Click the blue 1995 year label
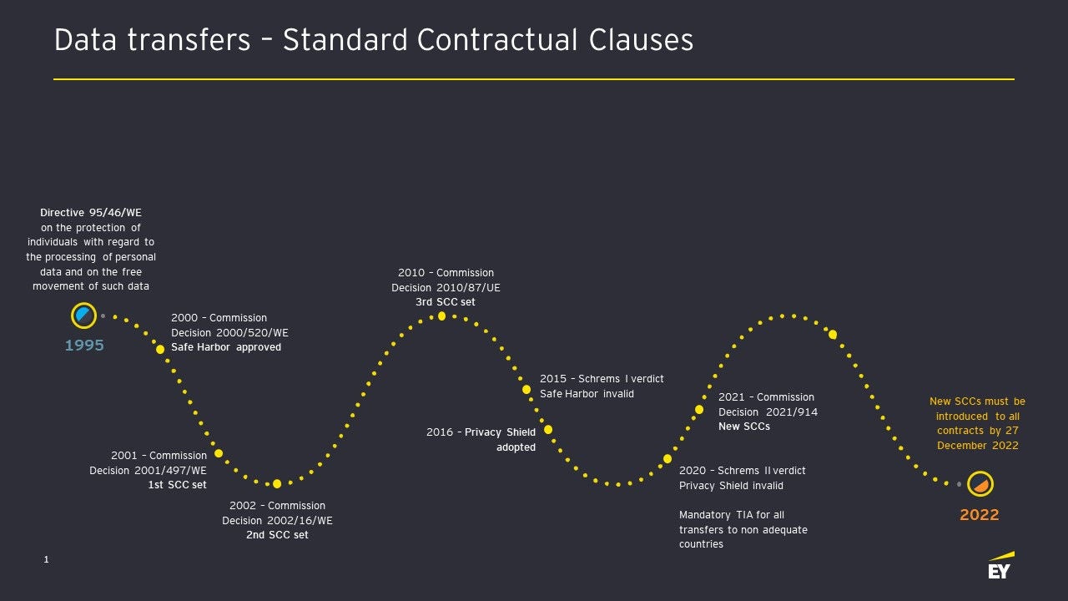point(84,346)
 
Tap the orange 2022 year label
point(980,515)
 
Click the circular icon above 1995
point(84,316)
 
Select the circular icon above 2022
point(980,484)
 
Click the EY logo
point(1001,566)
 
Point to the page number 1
point(46,559)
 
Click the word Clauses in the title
point(641,39)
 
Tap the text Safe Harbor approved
point(226,347)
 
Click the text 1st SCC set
point(178,485)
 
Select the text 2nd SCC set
point(277,535)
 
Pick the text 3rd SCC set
point(446,302)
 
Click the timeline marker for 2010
point(441,316)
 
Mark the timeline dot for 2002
point(277,484)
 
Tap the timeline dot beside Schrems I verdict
point(526,390)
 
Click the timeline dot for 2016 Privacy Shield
point(548,430)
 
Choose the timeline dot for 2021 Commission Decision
point(699,410)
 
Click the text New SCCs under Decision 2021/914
point(744,427)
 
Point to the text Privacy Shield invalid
point(731,486)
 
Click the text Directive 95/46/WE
point(91,213)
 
